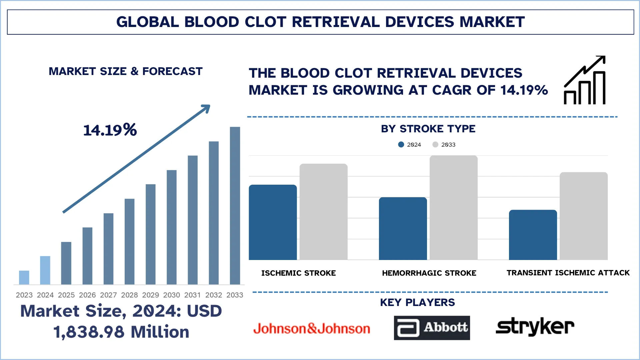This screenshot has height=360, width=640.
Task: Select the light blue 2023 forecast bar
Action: (x=24, y=277)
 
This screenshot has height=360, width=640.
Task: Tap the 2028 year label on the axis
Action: (x=129, y=295)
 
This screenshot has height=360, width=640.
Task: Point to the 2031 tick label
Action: (x=192, y=295)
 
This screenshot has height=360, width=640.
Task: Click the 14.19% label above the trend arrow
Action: (x=110, y=130)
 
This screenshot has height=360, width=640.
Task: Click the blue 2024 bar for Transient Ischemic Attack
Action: (x=533, y=235)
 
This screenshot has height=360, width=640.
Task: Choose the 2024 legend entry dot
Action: (x=401, y=145)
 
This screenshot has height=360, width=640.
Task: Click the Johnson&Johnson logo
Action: (x=312, y=329)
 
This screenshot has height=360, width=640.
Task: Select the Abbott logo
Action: (x=432, y=328)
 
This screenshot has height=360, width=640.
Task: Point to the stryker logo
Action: (x=535, y=327)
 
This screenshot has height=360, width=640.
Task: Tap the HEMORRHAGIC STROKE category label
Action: (x=429, y=273)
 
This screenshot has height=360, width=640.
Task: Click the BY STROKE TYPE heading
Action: (x=428, y=129)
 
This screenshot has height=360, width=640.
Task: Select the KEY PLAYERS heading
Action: (x=417, y=302)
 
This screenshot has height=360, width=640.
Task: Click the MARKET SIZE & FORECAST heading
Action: (x=126, y=71)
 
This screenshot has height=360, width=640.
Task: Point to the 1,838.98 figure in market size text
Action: (x=89, y=332)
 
